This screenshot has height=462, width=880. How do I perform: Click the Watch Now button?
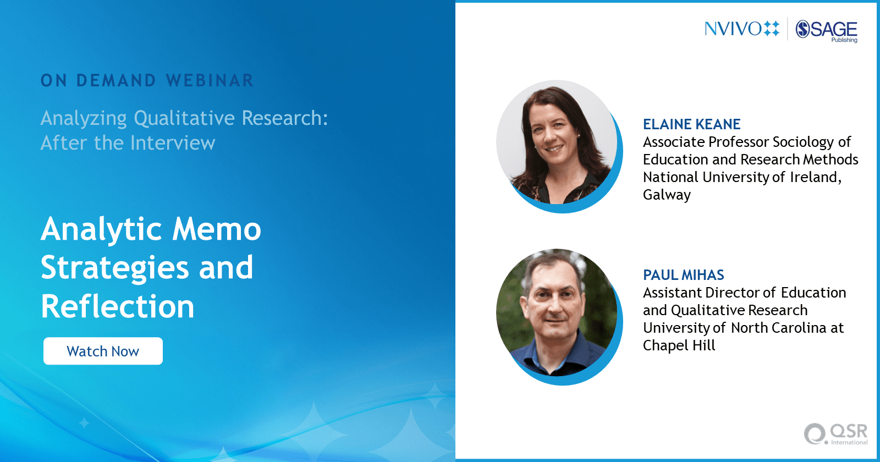(x=103, y=351)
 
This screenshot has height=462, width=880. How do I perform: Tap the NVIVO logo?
(x=742, y=29)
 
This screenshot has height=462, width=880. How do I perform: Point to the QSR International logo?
(x=835, y=434)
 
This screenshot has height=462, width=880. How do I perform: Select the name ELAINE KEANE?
(x=691, y=124)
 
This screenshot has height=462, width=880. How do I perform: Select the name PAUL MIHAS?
(x=683, y=275)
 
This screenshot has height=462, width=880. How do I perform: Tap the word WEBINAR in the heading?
(x=210, y=80)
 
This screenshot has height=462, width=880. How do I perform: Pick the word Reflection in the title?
(x=118, y=306)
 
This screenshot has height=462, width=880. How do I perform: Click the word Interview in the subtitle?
(x=173, y=142)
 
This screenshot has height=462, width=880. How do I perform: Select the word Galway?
(x=667, y=195)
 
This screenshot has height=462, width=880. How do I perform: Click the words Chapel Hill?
(x=679, y=345)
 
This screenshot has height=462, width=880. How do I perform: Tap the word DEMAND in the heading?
(x=116, y=80)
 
